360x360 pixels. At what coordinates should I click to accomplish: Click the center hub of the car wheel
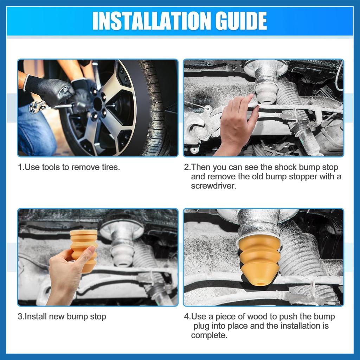[98, 104]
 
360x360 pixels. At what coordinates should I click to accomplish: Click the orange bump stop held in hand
[84, 250]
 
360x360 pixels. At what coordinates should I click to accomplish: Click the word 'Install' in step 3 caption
[36, 317]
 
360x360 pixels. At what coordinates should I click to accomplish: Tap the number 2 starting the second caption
[186, 167]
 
